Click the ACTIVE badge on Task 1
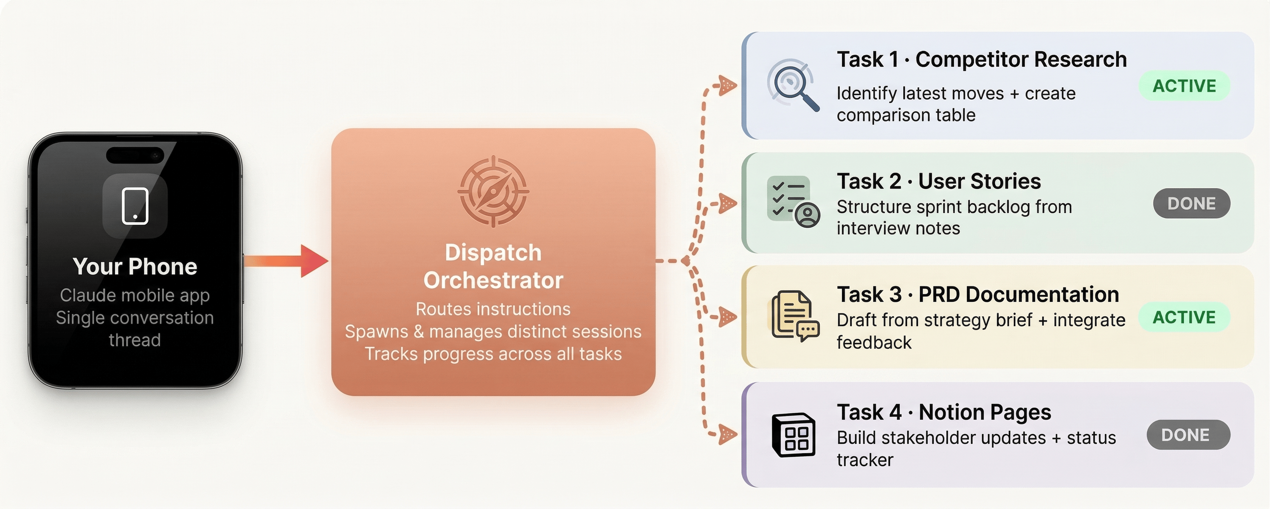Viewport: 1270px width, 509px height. click(x=1184, y=86)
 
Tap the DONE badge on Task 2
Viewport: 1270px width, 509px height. click(x=1191, y=203)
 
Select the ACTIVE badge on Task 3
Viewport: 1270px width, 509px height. click(x=1184, y=317)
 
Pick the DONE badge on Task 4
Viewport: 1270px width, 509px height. click(x=1188, y=435)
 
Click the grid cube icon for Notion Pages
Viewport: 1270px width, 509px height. click(x=793, y=435)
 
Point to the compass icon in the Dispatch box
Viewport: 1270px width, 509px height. click(x=493, y=191)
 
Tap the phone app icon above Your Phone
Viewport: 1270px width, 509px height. click(x=135, y=206)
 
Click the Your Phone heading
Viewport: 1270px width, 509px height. click(x=135, y=267)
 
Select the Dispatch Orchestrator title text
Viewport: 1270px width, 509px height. click(x=493, y=267)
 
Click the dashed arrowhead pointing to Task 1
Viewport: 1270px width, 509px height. click(x=727, y=85)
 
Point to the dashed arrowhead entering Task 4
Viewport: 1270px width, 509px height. click(x=727, y=435)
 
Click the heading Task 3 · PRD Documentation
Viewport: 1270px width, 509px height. click(x=978, y=294)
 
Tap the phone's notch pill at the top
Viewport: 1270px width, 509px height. click(x=135, y=155)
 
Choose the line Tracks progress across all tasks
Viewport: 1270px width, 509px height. click(x=493, y=354)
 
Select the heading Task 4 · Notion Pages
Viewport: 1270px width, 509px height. click(x=944, y=412)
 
